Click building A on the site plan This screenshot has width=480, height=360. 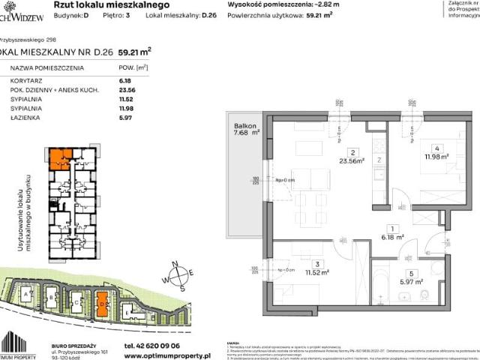[28, 296]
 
